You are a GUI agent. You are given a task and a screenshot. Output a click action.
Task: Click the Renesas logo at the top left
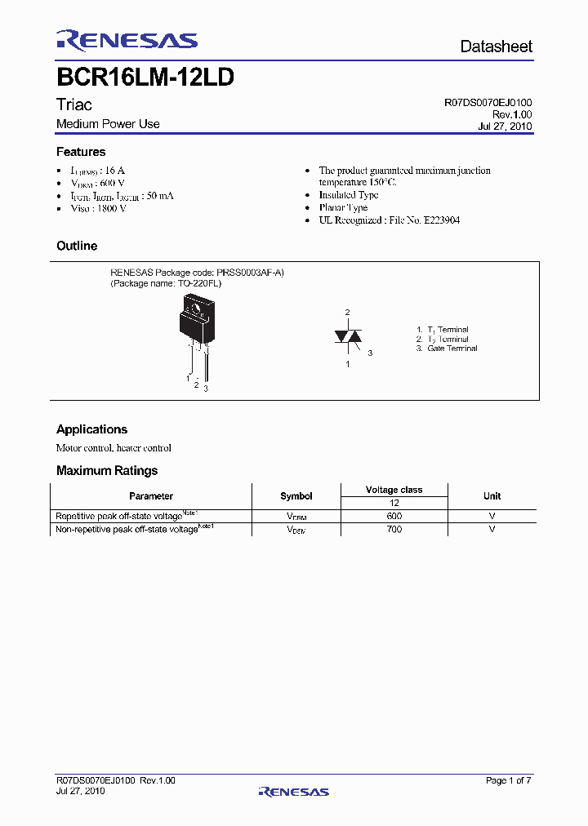click(x=127, y=41)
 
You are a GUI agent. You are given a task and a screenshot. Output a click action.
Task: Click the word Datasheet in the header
click(x=496, y=47)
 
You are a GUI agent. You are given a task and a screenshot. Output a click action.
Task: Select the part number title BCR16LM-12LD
click(x=146, y=78)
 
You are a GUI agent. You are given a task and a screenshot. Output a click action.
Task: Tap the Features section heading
click(x=81, y=152)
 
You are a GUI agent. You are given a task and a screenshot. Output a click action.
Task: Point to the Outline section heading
click(x=77, y=246)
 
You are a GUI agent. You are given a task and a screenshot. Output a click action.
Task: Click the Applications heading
click(x=91, y=429)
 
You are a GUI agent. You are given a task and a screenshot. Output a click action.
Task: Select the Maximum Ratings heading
click(x=107, y=470)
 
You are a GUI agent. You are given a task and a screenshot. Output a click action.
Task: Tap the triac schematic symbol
click(x=347, y=336)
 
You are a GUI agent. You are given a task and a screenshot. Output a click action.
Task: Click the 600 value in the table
click(x=394, y=516)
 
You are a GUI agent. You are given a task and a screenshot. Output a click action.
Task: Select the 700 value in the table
click(x=394, y=530)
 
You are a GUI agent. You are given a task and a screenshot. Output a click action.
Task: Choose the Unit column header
click(x=492, y=495)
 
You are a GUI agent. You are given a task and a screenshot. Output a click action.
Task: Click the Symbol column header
click(x=296, y=495)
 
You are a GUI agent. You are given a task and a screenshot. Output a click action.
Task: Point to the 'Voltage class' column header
click(x=394, y=490)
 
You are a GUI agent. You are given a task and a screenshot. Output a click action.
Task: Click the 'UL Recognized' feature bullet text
click(x=389, y=220)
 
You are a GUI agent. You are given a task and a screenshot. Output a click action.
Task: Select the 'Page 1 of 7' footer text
click(x=508, y=781)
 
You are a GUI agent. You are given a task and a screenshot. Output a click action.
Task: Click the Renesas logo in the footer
click(x=293, y=791)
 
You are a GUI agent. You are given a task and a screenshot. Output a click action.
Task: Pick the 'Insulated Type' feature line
click(x=349, y=195)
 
